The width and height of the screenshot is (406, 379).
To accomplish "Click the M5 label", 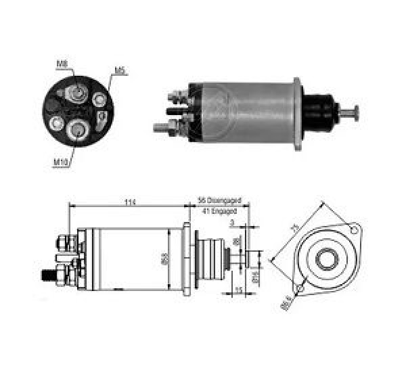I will click(x=119, y=70).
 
